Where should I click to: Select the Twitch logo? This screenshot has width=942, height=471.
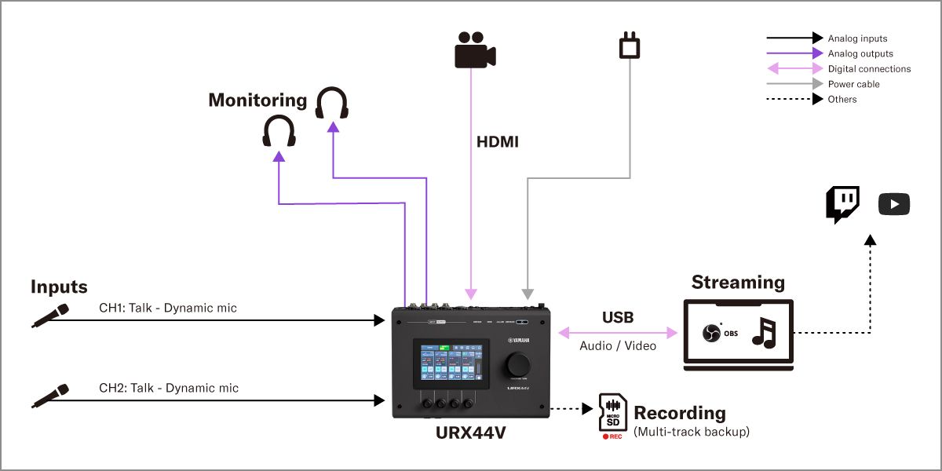click(842, 205)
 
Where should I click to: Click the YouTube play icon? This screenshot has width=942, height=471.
click(893, 205)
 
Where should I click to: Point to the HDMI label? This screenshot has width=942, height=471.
click(498, 143)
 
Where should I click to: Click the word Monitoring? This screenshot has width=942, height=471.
click(257, 100)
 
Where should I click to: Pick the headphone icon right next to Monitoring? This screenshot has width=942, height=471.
click(332, 104)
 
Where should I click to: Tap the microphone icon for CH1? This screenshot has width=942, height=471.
click(49, 315)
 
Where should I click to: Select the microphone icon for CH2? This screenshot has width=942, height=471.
click(49, 396)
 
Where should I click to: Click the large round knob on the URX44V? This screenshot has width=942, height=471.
click(517, 364)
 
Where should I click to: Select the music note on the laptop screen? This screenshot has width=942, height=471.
click(763, 333)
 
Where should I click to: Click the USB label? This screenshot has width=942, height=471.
click(618, 318)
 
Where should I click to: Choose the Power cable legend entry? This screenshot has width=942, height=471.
click(853, 84)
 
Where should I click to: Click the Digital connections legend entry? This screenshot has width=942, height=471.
click(869, 69)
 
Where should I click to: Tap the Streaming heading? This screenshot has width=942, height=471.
click(738, 283)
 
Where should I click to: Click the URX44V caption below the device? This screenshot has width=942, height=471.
click(471, 433)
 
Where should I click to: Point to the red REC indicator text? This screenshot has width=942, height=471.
click(612, 436)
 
